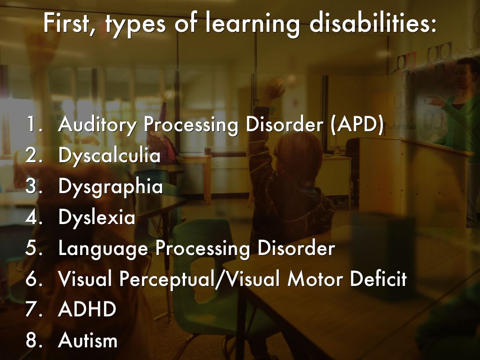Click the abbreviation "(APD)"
pos(357,124)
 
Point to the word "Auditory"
pos(97,125)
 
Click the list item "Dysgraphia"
pos(111,187)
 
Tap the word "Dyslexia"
pos(97,217)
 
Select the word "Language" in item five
pos(103,248)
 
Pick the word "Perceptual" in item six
pos(167,279)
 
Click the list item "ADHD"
pos(87,309)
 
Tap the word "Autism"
pos(88,340)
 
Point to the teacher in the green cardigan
pos(456,122)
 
